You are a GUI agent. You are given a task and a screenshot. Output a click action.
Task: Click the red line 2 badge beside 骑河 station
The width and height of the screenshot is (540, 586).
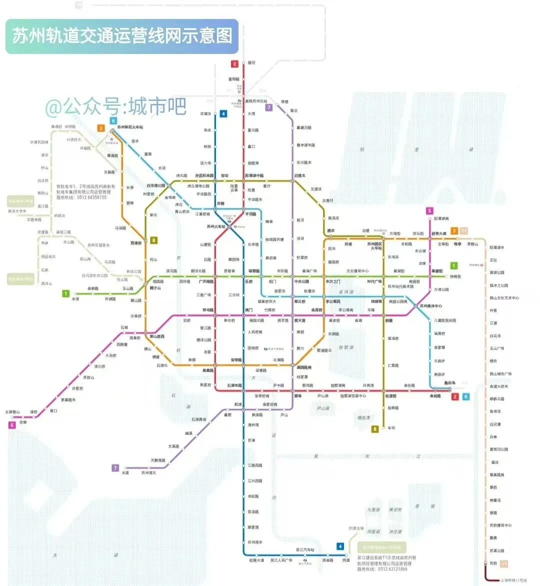[x=234, y=64]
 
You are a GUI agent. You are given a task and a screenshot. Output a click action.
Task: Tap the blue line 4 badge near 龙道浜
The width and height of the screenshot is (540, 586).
[x=223, y=114]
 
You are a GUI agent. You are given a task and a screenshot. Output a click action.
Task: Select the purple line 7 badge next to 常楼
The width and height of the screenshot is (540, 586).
[x=268, y=107]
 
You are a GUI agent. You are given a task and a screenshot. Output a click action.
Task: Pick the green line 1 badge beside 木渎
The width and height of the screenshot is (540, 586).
[x=65, y=293]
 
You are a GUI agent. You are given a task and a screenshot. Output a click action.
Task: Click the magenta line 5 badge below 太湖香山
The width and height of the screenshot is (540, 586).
[x=12, y=425]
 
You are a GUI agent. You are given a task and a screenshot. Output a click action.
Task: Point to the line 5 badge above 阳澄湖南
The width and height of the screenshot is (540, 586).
[x=429, y=211]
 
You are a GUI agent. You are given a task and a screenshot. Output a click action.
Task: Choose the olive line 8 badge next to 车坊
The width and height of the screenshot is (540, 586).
[x=375, y=429]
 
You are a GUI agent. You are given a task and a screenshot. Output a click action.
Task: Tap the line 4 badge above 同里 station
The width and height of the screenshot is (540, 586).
[x=340, y=547]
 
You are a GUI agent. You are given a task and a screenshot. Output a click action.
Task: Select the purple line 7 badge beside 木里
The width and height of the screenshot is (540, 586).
[x=115, y=468]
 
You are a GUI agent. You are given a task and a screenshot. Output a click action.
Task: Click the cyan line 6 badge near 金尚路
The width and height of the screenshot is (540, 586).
[x=466, y=397]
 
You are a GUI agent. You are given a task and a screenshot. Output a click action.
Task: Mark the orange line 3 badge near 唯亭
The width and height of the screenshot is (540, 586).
[x=454, y=231]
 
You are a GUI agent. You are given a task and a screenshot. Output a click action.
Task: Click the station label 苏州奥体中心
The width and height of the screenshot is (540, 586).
[x=430, y=306]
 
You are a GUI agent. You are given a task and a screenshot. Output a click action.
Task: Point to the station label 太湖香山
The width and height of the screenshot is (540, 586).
[x=12, y=412]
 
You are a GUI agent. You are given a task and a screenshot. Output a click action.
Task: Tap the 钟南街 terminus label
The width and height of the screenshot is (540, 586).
[x=455, y=276]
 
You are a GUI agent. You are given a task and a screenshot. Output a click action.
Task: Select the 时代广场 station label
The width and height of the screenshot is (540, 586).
[x=374, y=282]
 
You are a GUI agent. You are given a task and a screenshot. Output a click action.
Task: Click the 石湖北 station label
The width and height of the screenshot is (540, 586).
[x=162, y=366]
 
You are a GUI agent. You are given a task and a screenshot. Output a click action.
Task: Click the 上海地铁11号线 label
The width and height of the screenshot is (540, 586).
[x=514, y=580]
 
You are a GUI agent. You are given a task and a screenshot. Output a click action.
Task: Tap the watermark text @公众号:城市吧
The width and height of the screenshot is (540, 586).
[x=116, y=106]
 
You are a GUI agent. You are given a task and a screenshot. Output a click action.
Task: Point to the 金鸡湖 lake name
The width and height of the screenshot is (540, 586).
[x=346, y=292]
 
